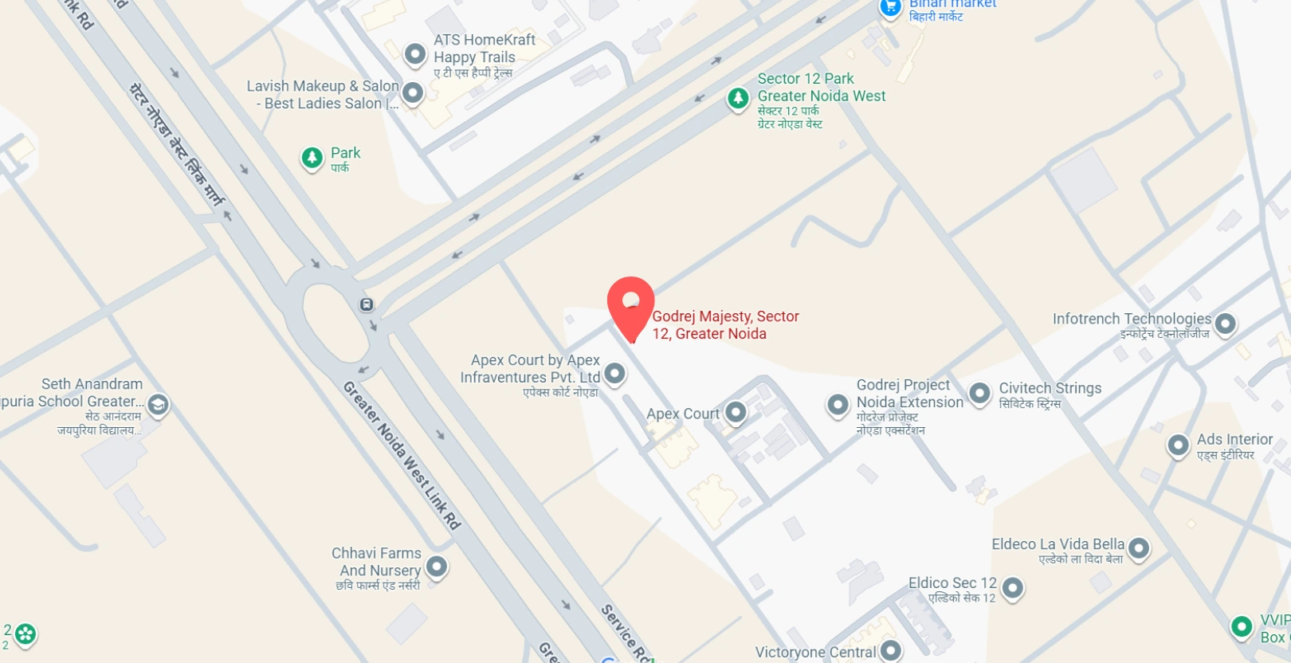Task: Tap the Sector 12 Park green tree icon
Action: (738, 99)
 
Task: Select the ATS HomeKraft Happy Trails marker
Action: (414, 54)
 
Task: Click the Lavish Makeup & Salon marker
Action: (412, 93)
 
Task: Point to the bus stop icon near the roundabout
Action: (367, 304)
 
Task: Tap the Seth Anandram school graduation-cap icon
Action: (158, 405)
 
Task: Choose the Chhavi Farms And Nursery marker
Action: (436, 567)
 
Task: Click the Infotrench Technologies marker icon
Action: (1225, 324)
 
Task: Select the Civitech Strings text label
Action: (1050, 389)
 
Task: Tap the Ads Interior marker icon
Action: (1178, 445)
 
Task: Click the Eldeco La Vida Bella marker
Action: (1139, 548)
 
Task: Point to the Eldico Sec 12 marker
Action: (1012, 588)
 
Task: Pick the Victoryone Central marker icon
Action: (890, 650)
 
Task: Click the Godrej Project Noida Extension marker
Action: (838, 405)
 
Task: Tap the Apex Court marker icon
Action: (736, 413)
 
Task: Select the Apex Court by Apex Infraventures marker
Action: (614, 373)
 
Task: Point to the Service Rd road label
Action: (626, 633)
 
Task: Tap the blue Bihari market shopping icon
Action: (890, 7)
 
